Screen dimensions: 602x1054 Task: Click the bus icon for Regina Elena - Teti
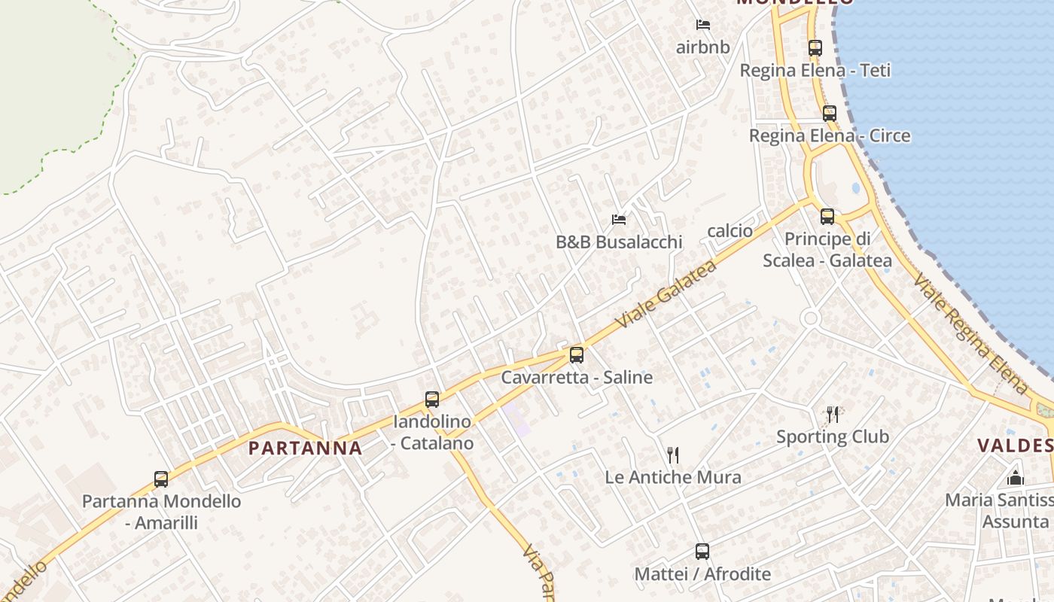(x=815, y=48)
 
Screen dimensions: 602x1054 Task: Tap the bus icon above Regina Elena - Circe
(x=829, y=114)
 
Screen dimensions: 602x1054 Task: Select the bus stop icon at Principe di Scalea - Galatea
(x=827, y=217)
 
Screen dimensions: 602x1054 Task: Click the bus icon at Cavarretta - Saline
(x=577, y=355)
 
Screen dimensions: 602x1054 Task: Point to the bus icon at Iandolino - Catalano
(x=432, y=400)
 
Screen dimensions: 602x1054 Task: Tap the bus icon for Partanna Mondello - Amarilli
(x=161, y=479)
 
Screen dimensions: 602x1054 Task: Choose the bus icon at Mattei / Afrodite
(x=702, y=552)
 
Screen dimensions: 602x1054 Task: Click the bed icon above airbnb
(x=703, y=25)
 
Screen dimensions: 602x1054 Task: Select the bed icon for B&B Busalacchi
(x=619, y=220)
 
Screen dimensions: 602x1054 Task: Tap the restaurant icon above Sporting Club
(x=832, y=415)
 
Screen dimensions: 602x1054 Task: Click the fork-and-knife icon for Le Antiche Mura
(x=673, y=455)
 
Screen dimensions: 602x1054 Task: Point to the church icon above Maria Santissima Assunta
(x=1016, y=478)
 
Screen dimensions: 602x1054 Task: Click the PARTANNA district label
(x=305, y=448)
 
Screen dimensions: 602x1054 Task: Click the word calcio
(x=730, y=231)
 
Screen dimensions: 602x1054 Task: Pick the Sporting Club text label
(x=832, y=436)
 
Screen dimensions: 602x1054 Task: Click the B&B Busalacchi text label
(x=619, y=242)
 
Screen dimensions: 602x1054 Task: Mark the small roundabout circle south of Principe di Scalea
(x=810, y=318)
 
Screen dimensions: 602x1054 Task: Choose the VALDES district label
(x=1015, y=445)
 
